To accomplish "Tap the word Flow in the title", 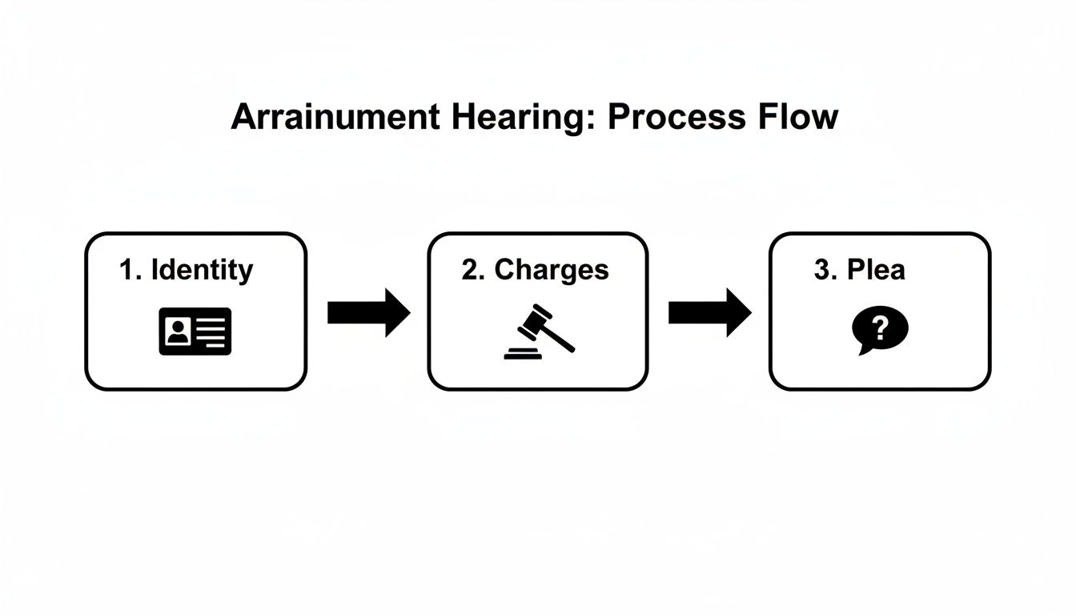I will coord(798,117).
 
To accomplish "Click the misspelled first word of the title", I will coord(335,117).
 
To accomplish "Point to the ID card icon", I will coord(195,331).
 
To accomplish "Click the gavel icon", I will coord(537,331).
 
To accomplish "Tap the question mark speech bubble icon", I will coord(880,330).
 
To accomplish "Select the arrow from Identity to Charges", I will coord(368,312).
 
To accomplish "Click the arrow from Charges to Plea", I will coord(709,312).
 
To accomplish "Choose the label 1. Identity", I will coord(186,270).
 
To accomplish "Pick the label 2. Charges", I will coord(535,270).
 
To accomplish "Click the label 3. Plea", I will coord(859,270).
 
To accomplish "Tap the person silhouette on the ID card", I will coord(177,331).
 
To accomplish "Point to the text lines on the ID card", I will coord(211,331).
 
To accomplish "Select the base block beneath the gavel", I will coord(522,353).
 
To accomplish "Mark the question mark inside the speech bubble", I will coord(881,327).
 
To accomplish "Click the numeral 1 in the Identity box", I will coord(125,270).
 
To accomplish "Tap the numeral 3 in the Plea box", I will coord(821,270).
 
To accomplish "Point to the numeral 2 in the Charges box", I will coord(468,270).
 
